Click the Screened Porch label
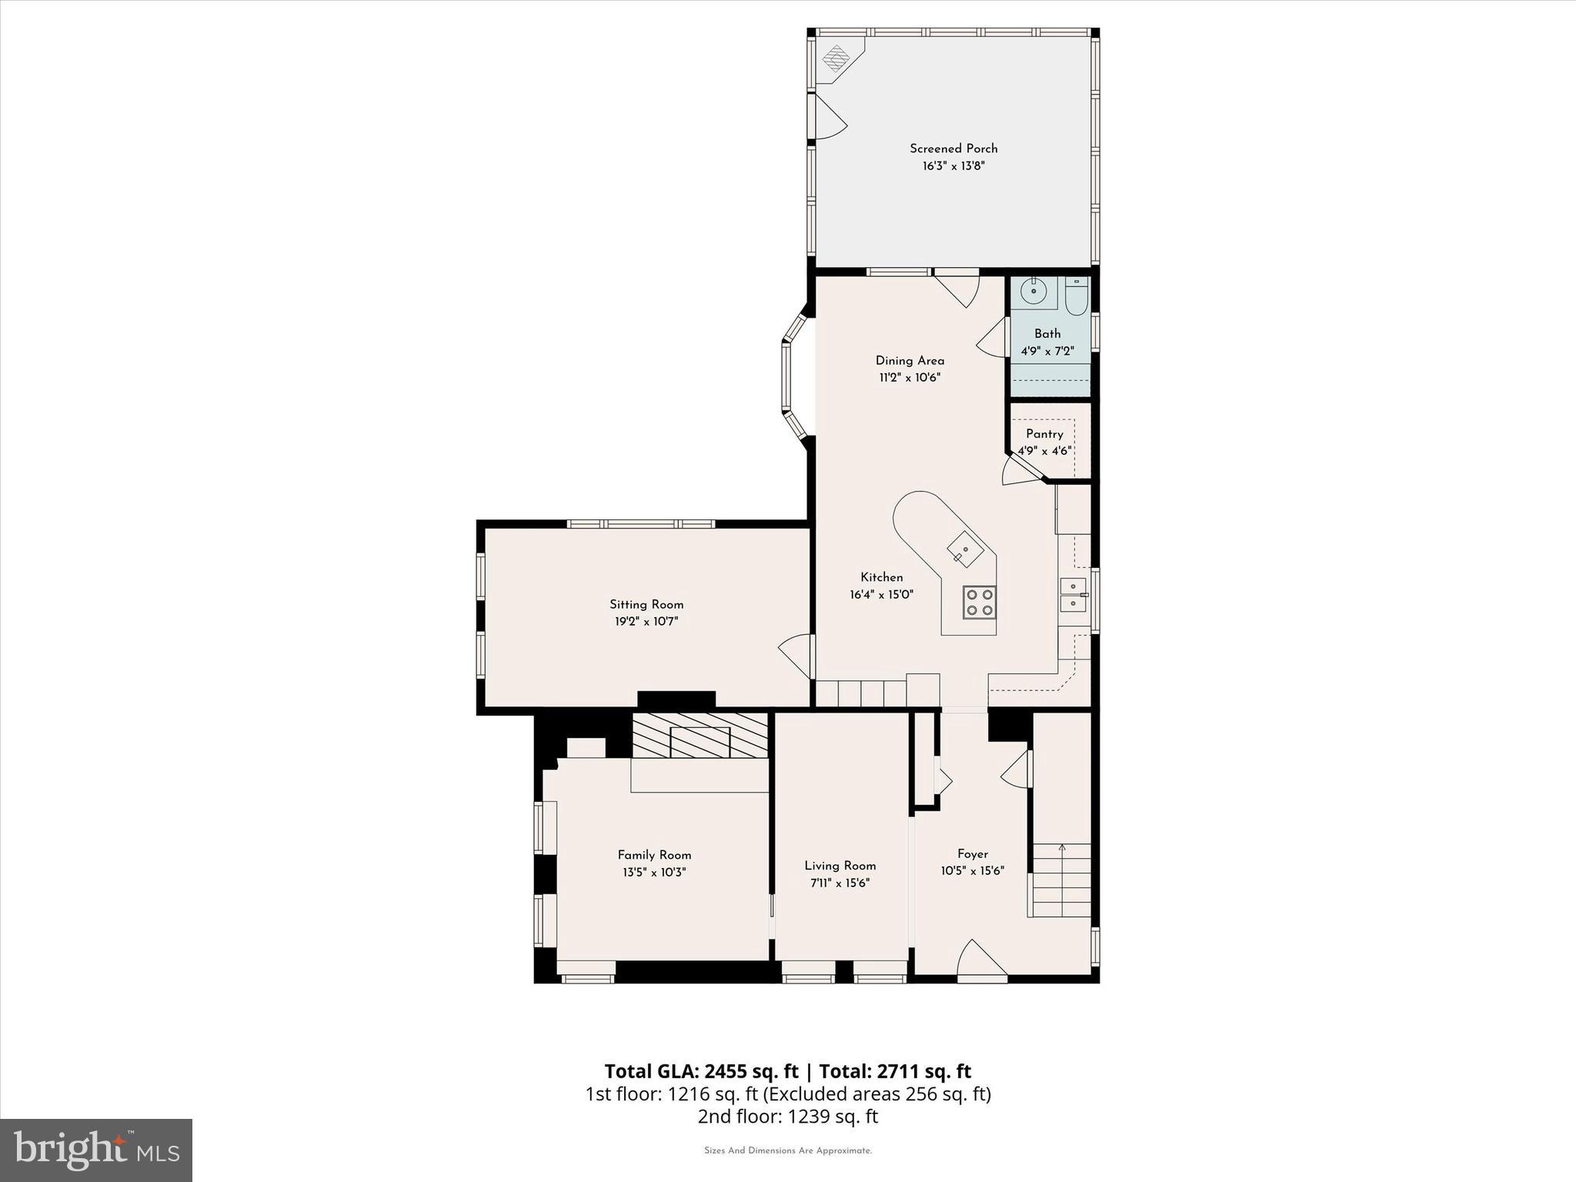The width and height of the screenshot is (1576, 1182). point(953,149)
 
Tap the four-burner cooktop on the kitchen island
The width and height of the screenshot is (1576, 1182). point(980,601)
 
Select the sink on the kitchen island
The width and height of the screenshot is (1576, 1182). point(964,549)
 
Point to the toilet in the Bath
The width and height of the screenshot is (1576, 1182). point(1076,296)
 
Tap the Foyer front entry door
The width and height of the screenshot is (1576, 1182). point(981,960)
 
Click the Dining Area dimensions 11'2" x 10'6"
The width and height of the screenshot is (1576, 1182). point(910,378)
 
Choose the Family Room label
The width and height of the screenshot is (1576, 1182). point(654,855)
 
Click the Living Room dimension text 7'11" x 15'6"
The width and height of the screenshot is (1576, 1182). point(840,883)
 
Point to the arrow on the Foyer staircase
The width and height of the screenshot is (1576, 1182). point(1062,850)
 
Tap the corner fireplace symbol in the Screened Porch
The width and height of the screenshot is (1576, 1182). point(836,57)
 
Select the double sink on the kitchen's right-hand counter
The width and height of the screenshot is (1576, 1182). point(1072,595)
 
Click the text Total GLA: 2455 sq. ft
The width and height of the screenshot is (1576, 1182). point(701,1071)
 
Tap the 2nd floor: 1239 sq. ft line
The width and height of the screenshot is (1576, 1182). point(787,1117)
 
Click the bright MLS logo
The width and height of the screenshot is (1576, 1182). point(96,1150)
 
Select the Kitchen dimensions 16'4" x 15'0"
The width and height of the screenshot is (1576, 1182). point(881,595)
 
